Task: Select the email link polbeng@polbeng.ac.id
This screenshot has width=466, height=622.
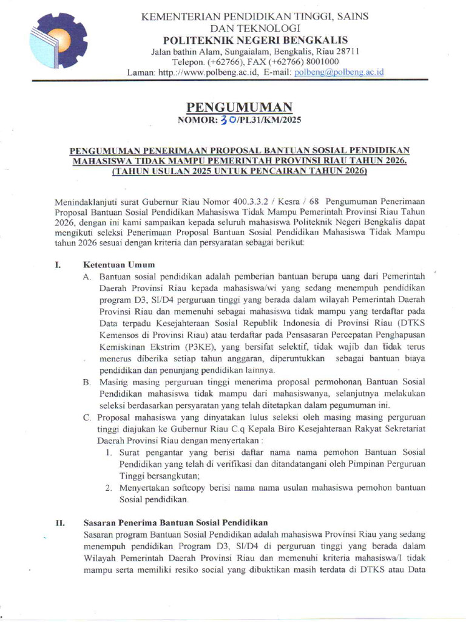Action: click(339, 72)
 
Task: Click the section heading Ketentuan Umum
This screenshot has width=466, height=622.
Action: click(119, 264)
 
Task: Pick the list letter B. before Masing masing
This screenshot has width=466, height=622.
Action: click(87, 382)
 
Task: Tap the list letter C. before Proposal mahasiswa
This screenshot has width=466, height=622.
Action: click(87, 418)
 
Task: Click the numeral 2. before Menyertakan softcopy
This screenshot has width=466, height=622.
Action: click(107, 488)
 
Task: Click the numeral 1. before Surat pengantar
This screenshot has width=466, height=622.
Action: click(107, 453)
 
